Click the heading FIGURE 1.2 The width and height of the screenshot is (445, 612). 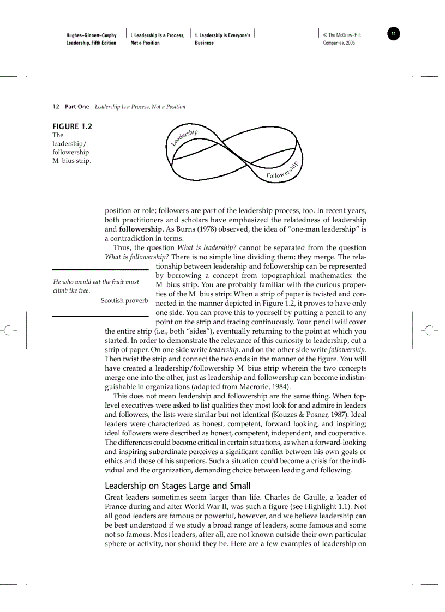coord(72,126)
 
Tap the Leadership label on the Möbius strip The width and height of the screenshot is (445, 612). coord(184,137)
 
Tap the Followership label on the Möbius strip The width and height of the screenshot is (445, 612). coord(282,171)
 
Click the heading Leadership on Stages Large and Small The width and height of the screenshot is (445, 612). coord(177,486)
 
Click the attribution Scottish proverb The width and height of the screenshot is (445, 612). coord(124,300)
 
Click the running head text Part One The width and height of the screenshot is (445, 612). coord(77,107)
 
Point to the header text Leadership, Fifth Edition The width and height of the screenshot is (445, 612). coord(91,43)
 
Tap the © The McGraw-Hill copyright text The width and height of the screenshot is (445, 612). coord(342,35)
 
